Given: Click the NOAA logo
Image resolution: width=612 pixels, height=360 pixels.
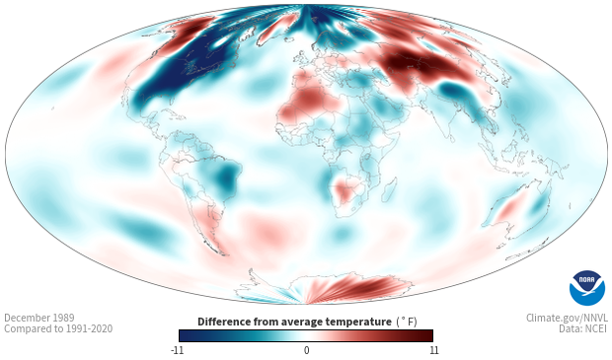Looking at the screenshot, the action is pyautogui.click(x=587, y=288).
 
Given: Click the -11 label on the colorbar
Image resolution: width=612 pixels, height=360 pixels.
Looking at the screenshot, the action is pyautogui.click(x=177, y=350).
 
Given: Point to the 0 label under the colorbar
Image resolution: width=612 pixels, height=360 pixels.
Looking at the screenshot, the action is pyautogui.click(x=306, y=350).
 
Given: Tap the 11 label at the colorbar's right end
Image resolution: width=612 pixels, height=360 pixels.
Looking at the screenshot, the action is pyautogui.click(x=433, y=350).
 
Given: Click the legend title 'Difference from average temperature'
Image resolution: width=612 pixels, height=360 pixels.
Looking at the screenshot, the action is pyautogui.click(x=294, y=322).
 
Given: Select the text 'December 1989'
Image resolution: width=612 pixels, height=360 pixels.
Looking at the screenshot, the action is pyautogui.click(x=39, y=318).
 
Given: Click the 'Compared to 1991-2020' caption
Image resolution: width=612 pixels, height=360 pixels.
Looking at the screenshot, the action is pyautogui.click(x=58, y=328).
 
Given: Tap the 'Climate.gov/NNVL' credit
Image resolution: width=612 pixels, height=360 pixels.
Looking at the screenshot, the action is pyautogui.click(x=567, y=318).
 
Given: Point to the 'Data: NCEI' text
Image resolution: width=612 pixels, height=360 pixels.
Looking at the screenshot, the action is pyautogui.click(x=583, y=328).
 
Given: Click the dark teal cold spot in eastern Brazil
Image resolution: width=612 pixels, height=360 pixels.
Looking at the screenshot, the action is pyautogui.click(x=226, y=178).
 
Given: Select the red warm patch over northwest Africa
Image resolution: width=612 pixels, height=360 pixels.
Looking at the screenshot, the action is pyautogui.click(x=308, y=100).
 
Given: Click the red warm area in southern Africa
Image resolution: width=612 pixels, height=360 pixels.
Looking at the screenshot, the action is pyautogui.click(x=345, y=191).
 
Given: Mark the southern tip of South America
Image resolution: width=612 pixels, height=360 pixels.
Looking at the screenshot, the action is pyautogui.click(x=223, y=254).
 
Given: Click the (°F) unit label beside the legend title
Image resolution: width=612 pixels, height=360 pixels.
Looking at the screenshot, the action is pyautogui.click(x=407, y=322).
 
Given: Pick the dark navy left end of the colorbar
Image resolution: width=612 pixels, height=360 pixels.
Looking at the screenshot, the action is pyautogui.click(x=186, y=335).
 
